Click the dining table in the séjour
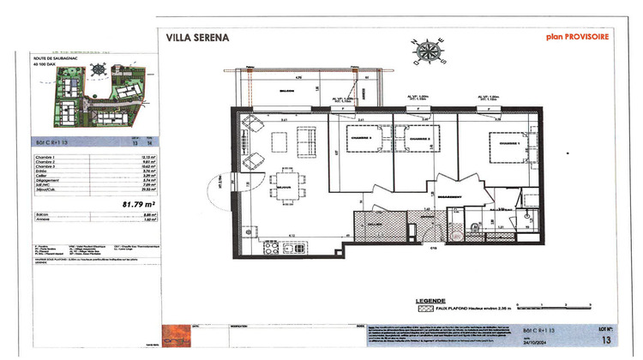pos(285,183)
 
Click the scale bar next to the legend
pos(557,303)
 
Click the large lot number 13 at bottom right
pos(606,339)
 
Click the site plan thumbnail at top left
pos(99,95)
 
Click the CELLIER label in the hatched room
pos(376,226)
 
